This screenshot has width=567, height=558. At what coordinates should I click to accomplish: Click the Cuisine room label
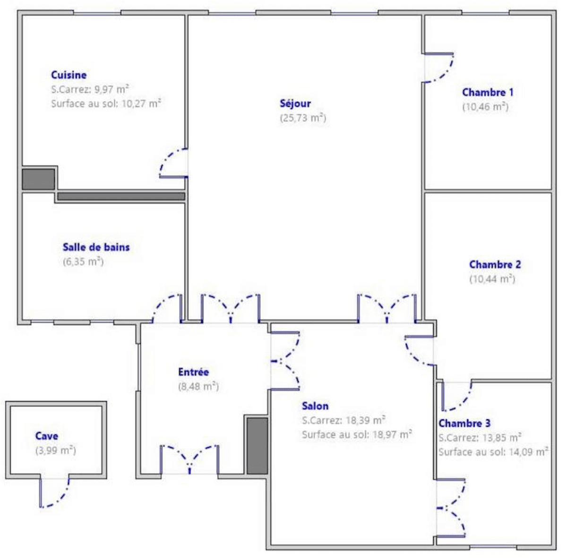(x=69, y=75)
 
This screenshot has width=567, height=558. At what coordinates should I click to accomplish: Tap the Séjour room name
(x=295, y=103)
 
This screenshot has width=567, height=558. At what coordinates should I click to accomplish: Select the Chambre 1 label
(x=488, y=93)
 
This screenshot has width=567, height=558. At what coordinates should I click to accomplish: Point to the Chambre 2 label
(x=495, y=264)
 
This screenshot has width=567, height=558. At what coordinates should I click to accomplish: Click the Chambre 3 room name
(x=464, y=423)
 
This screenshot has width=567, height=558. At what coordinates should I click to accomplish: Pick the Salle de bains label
(x=96, y=247)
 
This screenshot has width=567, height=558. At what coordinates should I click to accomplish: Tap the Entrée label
(x=194, y=372)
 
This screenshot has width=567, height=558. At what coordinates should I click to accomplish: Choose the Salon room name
(x=315, y=406)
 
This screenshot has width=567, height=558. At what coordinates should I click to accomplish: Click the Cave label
(x=46, y=436)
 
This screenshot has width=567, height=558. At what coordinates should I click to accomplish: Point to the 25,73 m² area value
(x=303, y=118)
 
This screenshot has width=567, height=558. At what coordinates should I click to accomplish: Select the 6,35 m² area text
(x=83, y=262)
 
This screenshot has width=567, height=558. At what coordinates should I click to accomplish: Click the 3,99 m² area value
(x=56, y=450)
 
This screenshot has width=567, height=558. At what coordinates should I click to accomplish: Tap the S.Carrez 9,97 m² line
(x=90, y=89)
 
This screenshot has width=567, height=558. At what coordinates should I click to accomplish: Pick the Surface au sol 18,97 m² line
(x=357, y=434)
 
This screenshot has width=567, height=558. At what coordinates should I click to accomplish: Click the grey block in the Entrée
(x=257, y=446)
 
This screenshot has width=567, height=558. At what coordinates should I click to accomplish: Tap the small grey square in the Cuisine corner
(x=38, y=179)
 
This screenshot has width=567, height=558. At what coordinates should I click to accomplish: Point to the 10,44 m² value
(x=492, y=279)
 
